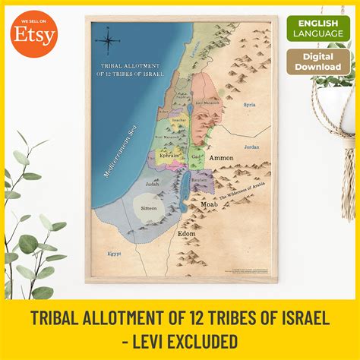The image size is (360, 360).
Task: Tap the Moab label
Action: tap(210, 204)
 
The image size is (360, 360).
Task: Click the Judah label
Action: tap(152, 182)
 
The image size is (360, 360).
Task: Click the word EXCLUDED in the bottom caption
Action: tap(196, 339)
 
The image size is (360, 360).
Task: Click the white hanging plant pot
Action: tap(335, 106)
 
